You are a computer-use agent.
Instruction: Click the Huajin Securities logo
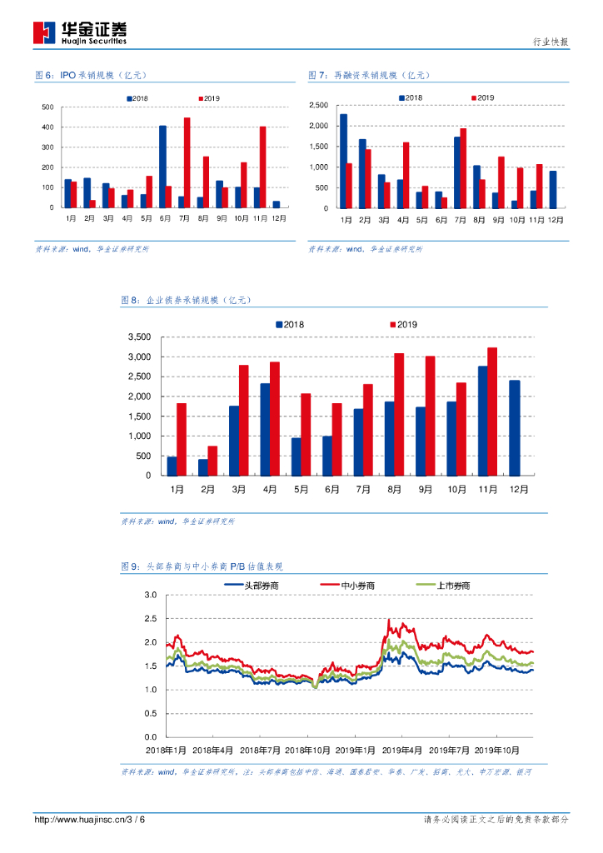coord(80,32)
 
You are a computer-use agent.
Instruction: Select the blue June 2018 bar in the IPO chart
coord(163,167)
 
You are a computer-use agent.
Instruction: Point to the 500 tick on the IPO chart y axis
coord(48,107)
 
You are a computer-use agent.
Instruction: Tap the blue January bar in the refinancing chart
coord(343,161)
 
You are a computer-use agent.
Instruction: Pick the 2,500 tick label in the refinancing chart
coord(320,105)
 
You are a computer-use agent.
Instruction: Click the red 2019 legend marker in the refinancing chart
coord(473,97)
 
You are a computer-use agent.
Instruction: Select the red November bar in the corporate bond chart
coord(492,412)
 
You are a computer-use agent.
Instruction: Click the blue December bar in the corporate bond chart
coord(514,427)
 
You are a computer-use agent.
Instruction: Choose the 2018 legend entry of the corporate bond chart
coord(289,324)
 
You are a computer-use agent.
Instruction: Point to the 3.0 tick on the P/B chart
coord(151,595)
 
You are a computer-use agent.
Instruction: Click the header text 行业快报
coord(551,42)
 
